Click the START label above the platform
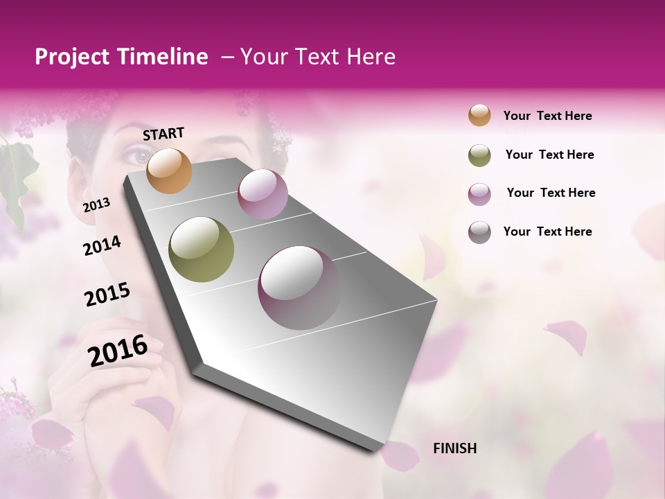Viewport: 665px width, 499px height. pos(163,134)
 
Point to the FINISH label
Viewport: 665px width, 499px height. pos(455,448)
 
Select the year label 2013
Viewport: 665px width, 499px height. pos(97,205)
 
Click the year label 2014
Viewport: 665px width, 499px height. pos(102,246)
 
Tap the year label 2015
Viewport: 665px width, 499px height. pos(107,295)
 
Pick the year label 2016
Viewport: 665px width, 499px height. pos(118,350)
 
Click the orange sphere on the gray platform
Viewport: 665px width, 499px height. pos(170,170)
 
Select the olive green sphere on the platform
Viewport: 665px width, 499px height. pos(202,249)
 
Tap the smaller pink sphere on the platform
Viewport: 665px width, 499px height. pos(263,194)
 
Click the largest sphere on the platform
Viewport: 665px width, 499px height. pos(299,288)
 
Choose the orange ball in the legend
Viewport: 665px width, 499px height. pos(479,116)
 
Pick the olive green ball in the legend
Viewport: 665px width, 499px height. pos(479,155)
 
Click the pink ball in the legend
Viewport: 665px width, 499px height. pos(479,193)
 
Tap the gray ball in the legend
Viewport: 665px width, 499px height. pos(479,232)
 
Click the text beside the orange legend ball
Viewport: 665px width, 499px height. pos(547,116)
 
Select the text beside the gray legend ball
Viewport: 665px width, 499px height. pos(547,231)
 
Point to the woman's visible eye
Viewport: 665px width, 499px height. pos(141,156)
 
